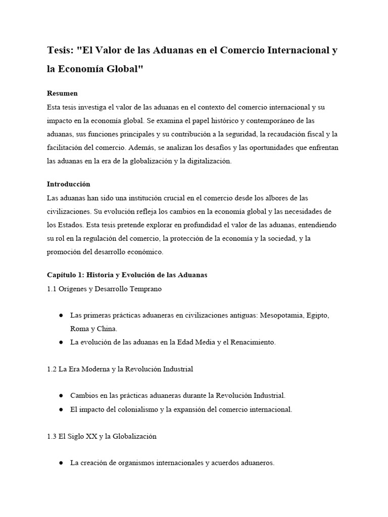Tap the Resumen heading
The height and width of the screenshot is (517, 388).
click(x=62, y=93)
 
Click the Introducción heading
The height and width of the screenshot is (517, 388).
click(x=68, y=184)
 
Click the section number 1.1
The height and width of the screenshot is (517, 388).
click(x=52, y=289)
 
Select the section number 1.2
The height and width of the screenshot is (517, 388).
click(x=52, y=369)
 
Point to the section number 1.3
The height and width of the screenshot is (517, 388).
click(x=52, y=436)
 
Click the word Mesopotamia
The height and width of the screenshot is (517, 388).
click(x=283, y=315)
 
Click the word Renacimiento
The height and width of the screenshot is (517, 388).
click(x=253, y=342)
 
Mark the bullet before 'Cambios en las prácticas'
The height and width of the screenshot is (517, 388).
click(x=61, y=396)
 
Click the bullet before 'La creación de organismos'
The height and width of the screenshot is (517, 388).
click(x=61, y=463)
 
